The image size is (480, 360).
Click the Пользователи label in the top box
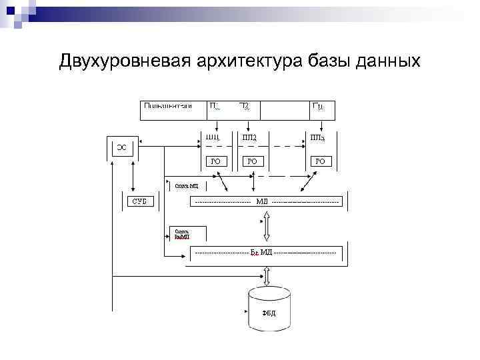pyautogui.click(x=167, y=106)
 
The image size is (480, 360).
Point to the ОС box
pyautogui.click(x=122, y=147)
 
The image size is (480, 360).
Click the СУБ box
pyautogui.click(x=139, y=201)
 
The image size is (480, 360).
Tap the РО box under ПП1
pyautogui.click(x=215, y=161)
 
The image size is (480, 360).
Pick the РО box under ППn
pyautogui.click(x=320, y=161)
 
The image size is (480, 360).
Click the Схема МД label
pyautogui.click(x=187, y=186)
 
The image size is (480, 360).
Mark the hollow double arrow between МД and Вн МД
pyautogui.click(x=267, y=226)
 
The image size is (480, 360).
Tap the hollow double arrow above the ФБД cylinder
pyautogui.click(x=267, y=275)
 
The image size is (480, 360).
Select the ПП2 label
pyautogui.click(x=250, y=138)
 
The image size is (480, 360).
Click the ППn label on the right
pyautogui.click(x=318, y=138)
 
